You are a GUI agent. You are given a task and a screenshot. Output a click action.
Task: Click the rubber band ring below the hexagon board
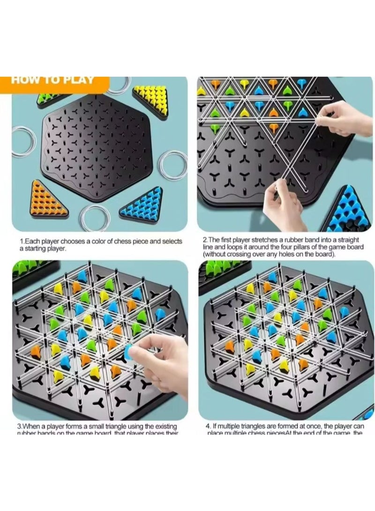point(94,217)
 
